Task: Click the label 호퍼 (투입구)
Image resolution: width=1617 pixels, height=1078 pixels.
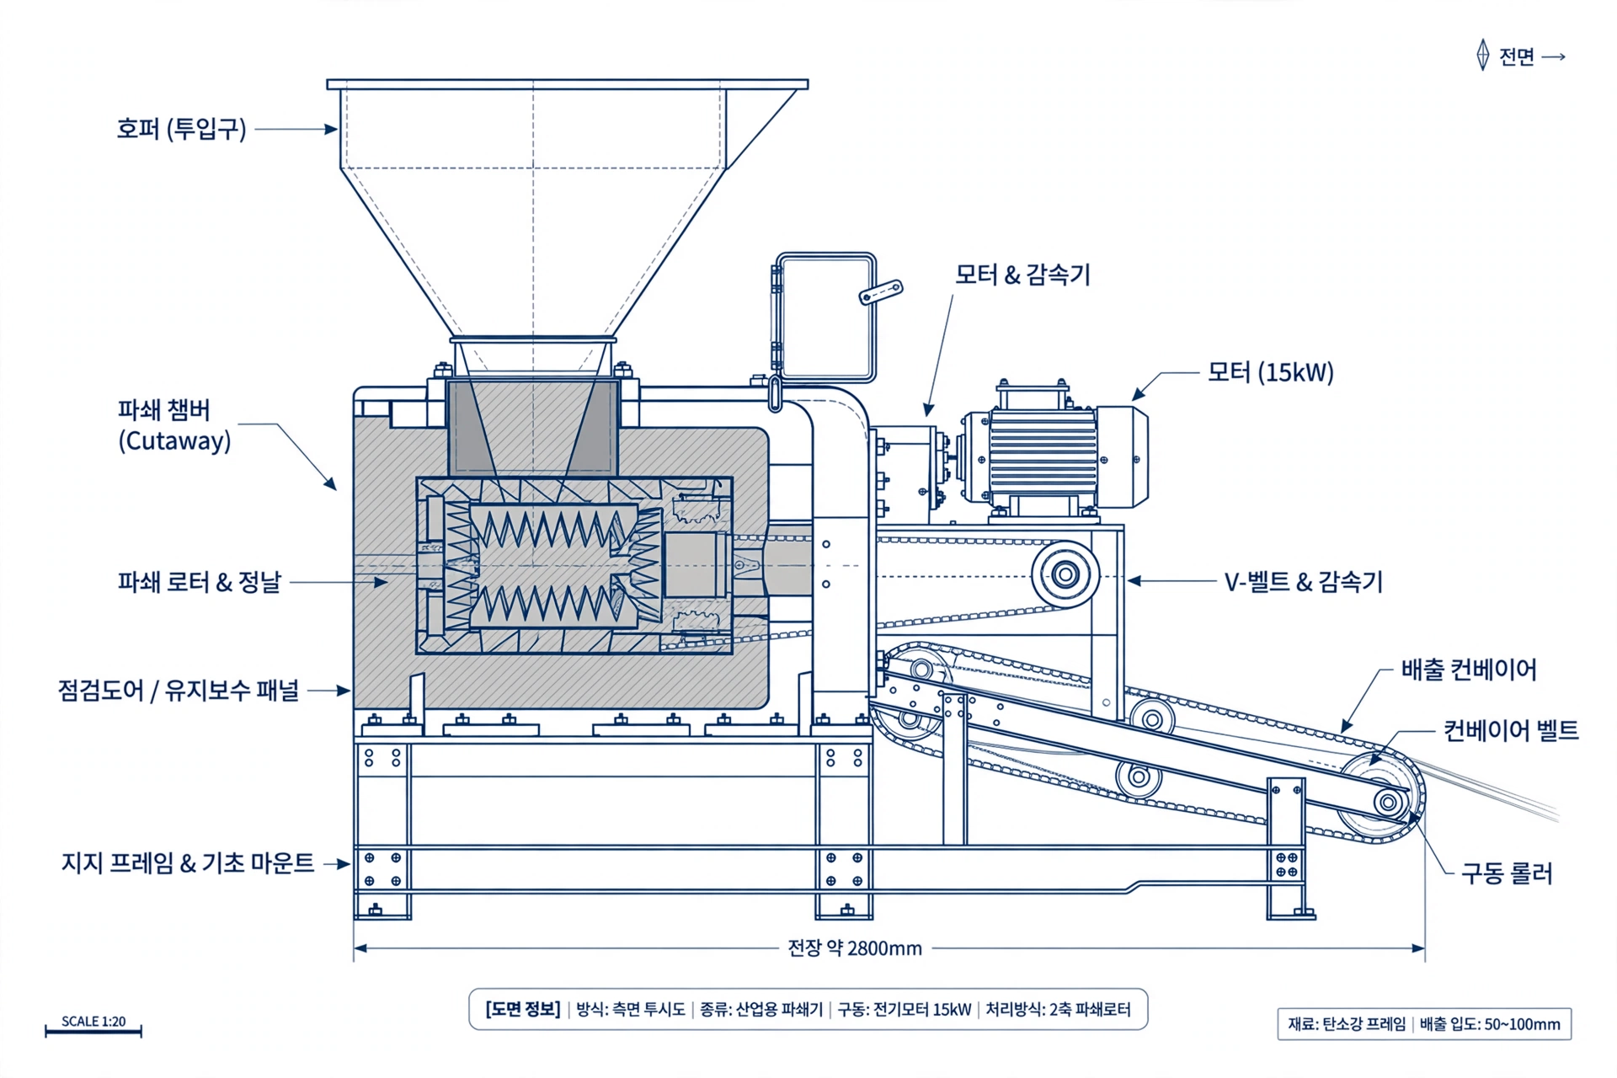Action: tap(181, 129)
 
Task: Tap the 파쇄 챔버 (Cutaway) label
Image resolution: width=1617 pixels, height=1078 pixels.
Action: tap(174, 425)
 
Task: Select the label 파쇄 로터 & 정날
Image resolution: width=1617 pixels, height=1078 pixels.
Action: tap(200, 582)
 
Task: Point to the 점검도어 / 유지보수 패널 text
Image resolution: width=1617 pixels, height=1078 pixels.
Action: tap(179, 691)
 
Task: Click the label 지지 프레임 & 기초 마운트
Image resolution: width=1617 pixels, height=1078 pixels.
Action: tap(188, 863)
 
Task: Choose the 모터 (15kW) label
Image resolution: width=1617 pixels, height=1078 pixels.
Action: tap(1271, 372)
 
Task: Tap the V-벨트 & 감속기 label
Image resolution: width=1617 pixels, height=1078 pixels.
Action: tap(1304, 582)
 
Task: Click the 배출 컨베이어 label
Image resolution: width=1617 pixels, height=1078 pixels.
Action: tap(1469, 670)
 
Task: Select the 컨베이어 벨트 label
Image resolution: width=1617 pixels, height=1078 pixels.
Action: tap(1511, 730)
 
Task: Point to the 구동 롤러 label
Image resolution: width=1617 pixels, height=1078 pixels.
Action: tap(1507, 873)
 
